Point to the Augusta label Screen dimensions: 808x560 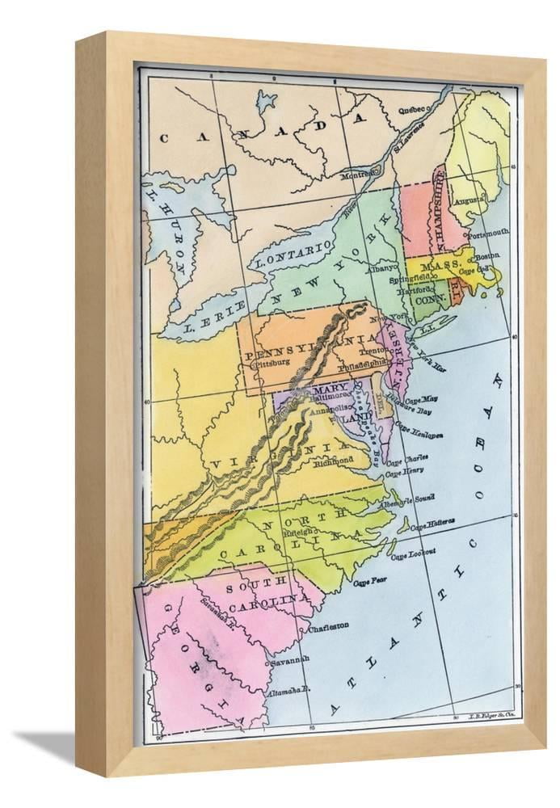pyautogui.click(x=469, y=200)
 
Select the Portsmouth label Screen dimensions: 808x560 pyautogui.click(x=489, y=233)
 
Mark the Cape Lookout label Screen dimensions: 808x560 pyautogui.click(x=413, y=553)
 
